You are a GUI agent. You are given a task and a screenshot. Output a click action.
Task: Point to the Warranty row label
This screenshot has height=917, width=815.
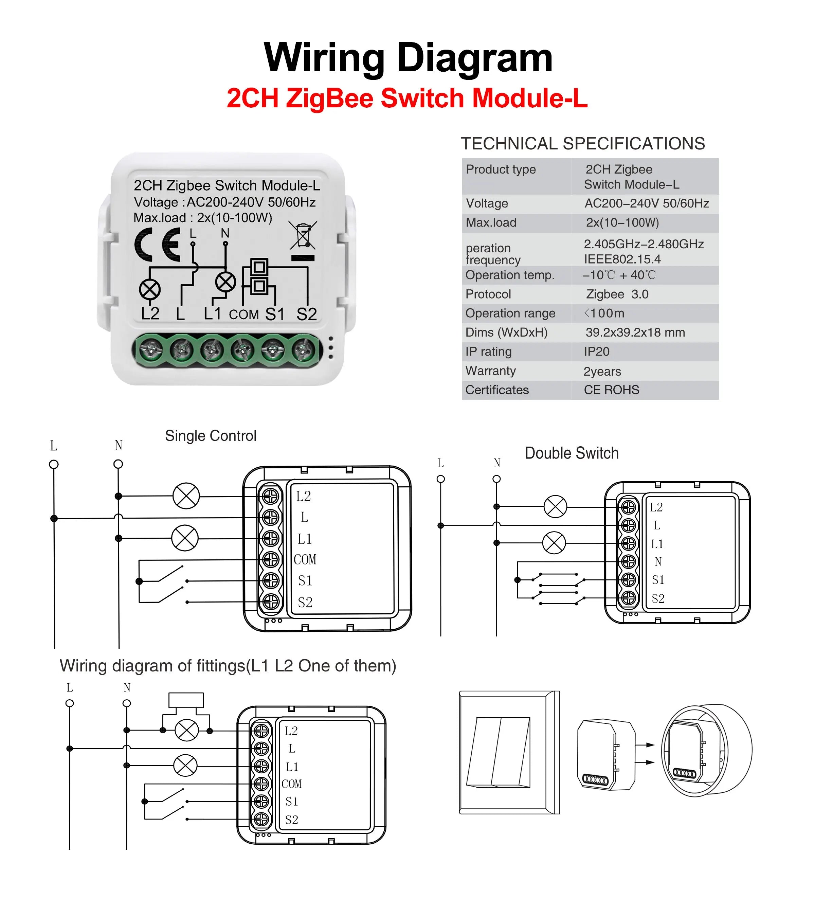pos(490,371)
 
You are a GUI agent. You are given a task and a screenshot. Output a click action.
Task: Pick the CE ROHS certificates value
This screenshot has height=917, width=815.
pos(611,390)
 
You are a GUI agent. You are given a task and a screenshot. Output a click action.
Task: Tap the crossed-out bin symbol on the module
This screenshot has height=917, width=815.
pos(303,235)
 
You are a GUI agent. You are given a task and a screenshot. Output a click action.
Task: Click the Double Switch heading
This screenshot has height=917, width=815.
pos(572,453)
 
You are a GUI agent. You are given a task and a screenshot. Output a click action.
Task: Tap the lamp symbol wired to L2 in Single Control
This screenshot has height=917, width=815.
pos(186,496)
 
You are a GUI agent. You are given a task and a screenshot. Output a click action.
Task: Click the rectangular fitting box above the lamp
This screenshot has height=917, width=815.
pos(186,701)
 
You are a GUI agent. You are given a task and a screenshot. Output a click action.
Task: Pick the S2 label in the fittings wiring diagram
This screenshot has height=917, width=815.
pos(292,820)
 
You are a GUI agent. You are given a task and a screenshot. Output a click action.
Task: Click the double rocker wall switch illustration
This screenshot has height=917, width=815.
pos(499,752)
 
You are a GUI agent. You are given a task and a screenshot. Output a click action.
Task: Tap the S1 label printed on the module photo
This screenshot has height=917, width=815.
pos(274,314)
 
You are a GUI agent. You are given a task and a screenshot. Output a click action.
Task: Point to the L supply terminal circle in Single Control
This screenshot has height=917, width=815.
pos(54,464)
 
